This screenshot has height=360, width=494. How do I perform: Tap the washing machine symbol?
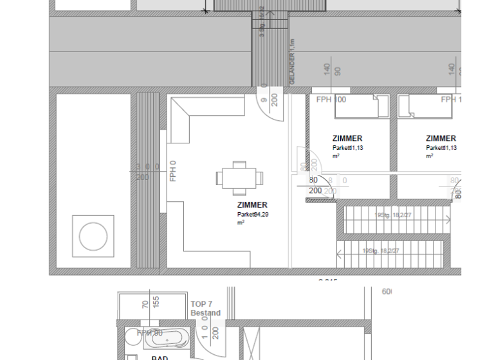[x=93, y=237]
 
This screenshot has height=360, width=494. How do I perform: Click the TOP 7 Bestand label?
[x=205, y=309]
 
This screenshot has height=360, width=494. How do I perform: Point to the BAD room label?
[x=160, y=357]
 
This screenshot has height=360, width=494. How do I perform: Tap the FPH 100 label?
[x=331, y=100]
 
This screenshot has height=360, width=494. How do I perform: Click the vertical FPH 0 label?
[x=173, y=171]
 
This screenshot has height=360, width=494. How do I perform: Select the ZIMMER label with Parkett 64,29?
[x=252, y=205]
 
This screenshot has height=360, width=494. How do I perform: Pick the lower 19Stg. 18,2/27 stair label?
[x=381, y=251]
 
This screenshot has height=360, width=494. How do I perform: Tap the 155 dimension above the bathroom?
[x=156, y=303]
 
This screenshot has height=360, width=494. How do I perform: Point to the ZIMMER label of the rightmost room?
[x=441, y=138]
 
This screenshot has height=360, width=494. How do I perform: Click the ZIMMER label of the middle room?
[x=347, y=138]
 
